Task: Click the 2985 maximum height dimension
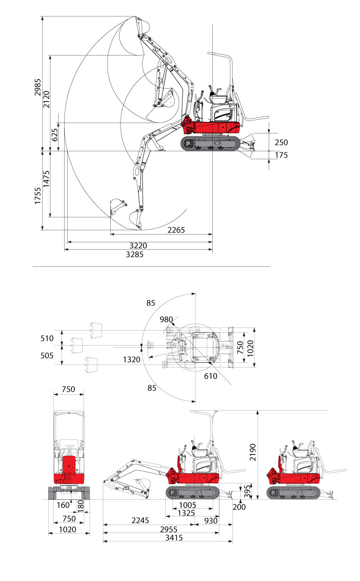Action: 37,87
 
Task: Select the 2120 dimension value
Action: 46,99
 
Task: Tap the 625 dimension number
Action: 55,135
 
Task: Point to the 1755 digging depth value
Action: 37,195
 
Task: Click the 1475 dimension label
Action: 46,179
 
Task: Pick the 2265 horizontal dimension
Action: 176,230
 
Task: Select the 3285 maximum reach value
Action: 134,255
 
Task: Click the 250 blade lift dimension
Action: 281,142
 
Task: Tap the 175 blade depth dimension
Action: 281,155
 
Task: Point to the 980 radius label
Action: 166,319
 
